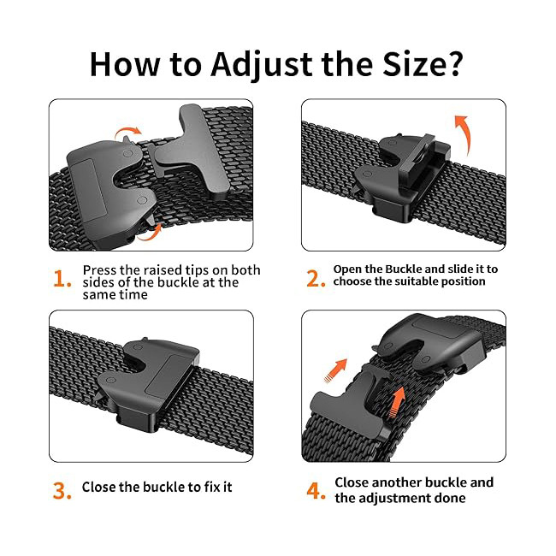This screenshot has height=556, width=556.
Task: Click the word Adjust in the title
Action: click(x=262, y=65)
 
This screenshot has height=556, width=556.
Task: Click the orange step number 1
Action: click(x=62, y=279)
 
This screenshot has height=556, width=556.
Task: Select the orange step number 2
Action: click(x=316, y=279)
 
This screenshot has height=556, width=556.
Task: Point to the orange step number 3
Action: click(x=62, y=490)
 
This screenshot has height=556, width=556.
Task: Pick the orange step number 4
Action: click(x=316, y=490)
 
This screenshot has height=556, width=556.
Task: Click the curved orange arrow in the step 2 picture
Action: click(x=464, y=133)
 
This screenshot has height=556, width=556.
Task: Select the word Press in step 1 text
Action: click(x=99, y=270)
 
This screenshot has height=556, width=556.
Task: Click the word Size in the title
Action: click(x=412, y=64)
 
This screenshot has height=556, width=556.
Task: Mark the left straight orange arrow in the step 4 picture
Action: click(x=335, y=371)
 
